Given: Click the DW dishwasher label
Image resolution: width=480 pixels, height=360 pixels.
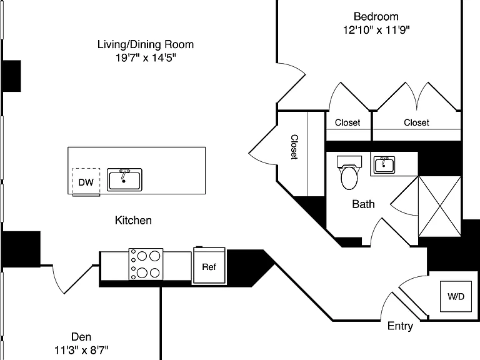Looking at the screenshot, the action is [x=86, y=182].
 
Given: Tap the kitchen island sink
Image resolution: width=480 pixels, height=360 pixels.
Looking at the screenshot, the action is [x=124, y=180].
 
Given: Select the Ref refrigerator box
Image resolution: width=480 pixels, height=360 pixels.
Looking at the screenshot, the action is [x=210, y=266].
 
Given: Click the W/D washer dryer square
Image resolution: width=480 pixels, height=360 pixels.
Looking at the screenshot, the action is [x=456, y=296].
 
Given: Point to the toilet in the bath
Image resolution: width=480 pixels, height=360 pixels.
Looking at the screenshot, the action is [x=349, y=172].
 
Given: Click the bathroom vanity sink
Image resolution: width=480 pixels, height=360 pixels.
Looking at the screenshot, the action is [x=384, y=165].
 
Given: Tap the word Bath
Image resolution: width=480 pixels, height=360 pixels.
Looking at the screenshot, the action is [x=363, y=204].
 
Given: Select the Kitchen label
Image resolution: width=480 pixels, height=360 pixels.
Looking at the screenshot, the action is [x=133, y=221].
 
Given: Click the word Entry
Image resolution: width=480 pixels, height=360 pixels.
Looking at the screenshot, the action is [x=400, y=326].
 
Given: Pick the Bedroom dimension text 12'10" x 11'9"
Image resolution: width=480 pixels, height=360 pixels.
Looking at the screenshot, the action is [x=376, y=30].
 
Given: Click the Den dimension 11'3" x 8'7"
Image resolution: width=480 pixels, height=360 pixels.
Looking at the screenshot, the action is [x=81, y=350].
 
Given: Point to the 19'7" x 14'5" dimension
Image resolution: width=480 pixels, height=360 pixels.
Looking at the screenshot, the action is [x=146, y=57].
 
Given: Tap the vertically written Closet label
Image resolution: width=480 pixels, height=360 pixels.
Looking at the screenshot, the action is [x=294, y=147].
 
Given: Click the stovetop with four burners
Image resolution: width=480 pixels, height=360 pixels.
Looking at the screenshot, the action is [x=146, y=264].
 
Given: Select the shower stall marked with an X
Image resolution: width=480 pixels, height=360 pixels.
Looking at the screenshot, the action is [x=439, y=206].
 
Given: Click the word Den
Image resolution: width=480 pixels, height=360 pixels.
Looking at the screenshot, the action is [x=81, y=337].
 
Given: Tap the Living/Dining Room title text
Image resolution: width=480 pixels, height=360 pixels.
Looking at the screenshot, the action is [x=146, y=44].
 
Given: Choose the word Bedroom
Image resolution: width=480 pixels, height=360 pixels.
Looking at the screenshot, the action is [x=376, y=16].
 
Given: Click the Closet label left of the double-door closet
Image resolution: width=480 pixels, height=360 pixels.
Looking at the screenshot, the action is [x=347, y=122].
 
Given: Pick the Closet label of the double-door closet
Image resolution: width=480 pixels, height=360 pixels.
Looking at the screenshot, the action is [x=416, y=122].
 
